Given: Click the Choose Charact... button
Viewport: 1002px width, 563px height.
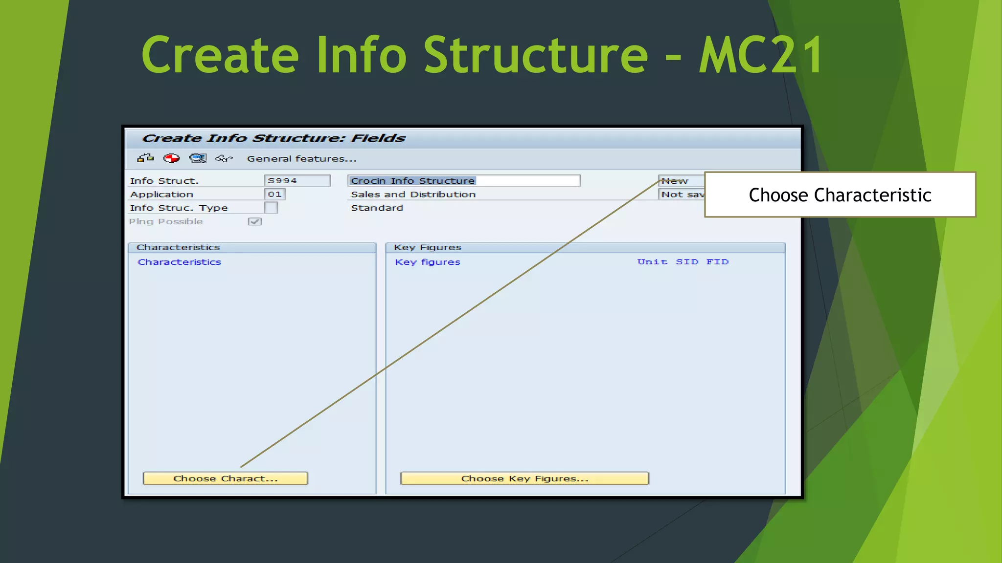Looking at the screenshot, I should coord(225,478).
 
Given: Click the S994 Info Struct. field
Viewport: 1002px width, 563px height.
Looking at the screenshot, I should coord(296,181).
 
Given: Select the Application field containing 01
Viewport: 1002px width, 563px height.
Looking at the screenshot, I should coord(274,195).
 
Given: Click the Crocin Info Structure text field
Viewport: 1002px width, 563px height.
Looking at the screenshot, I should coord(463,181).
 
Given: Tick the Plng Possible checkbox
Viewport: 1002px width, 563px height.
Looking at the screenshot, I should coord(254,222).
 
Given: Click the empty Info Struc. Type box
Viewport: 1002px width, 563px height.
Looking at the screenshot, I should coord(271,208).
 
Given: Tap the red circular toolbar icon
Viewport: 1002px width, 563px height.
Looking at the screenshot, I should coord(171,158).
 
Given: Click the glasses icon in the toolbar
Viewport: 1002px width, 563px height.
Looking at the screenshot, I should coord(224,158).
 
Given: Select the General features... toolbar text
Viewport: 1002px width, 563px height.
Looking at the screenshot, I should coord(301,159).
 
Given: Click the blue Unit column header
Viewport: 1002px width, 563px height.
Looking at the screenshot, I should coord(652,262).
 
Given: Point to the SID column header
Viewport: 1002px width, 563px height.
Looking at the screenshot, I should coord(687,262).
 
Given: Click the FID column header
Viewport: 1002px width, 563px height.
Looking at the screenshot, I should coord(717,262).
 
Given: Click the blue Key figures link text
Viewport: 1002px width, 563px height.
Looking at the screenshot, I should coord(427,262).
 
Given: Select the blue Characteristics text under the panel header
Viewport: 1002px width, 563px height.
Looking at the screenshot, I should coord(179,262).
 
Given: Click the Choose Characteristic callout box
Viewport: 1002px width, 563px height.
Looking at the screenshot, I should coord(840,195).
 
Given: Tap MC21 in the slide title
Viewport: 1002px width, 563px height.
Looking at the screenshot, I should coord(761,55).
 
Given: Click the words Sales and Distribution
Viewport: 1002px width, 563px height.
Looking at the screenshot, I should coord(413,195).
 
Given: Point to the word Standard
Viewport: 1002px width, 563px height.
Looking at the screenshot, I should coord(377,208).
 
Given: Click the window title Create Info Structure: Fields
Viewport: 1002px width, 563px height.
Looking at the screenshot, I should coord(273,138).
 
